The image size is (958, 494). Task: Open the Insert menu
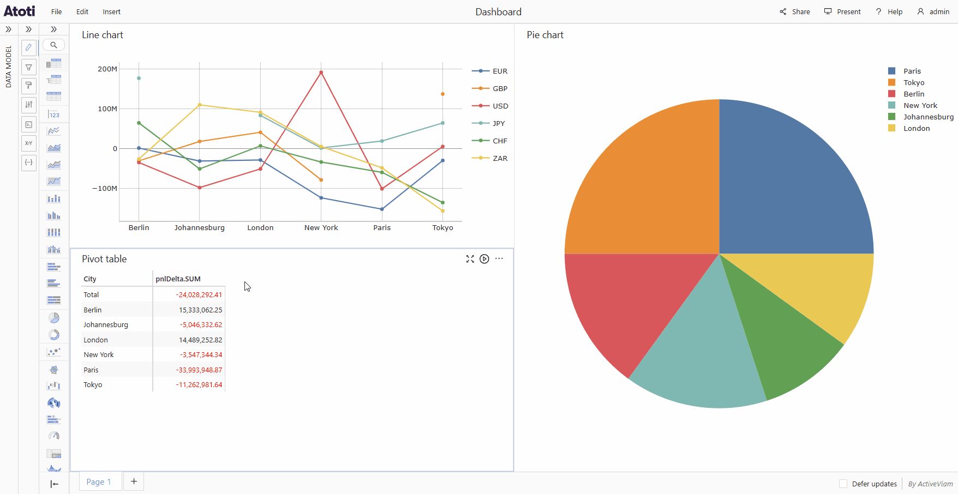pyautogui.click(x=111, y=11)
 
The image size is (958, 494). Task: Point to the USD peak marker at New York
pyautogui.click(x=321, y=73)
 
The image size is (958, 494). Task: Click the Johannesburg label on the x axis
pyautogui.click(x=199, y=227)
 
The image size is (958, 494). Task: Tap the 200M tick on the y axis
pyautogui.click(x=107, y=69)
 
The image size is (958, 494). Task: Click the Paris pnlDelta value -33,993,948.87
pyautogui.click(x=199, y=370)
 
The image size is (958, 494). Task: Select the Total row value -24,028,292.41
pyautogui.click(x=199, y=294)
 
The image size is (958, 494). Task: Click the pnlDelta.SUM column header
pyautogui.click(x=178, y=279)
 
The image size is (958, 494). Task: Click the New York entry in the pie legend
pyautogui.click(x=920, y=105)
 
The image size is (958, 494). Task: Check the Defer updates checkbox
pyautogui.click(x=843, y=484)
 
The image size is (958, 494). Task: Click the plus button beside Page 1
pyautogui.click(x=134, y=481)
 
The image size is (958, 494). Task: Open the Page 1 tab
pyautogui.click(x=99, y=481)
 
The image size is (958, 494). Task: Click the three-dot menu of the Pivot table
pyautogui.click(x=499, y=259)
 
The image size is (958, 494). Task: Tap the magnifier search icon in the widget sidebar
pyautogui.click(x=53, y=45)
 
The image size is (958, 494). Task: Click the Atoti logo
pyautogui.click(x=20, y=11)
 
